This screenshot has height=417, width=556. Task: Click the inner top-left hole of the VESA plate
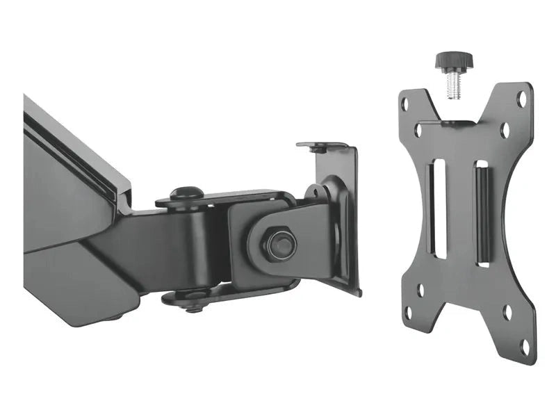[419, 130]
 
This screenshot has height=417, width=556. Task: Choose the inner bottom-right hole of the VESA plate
[507, 312]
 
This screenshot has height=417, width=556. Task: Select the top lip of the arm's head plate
[321, 147]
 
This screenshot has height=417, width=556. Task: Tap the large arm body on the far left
[63, 208]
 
